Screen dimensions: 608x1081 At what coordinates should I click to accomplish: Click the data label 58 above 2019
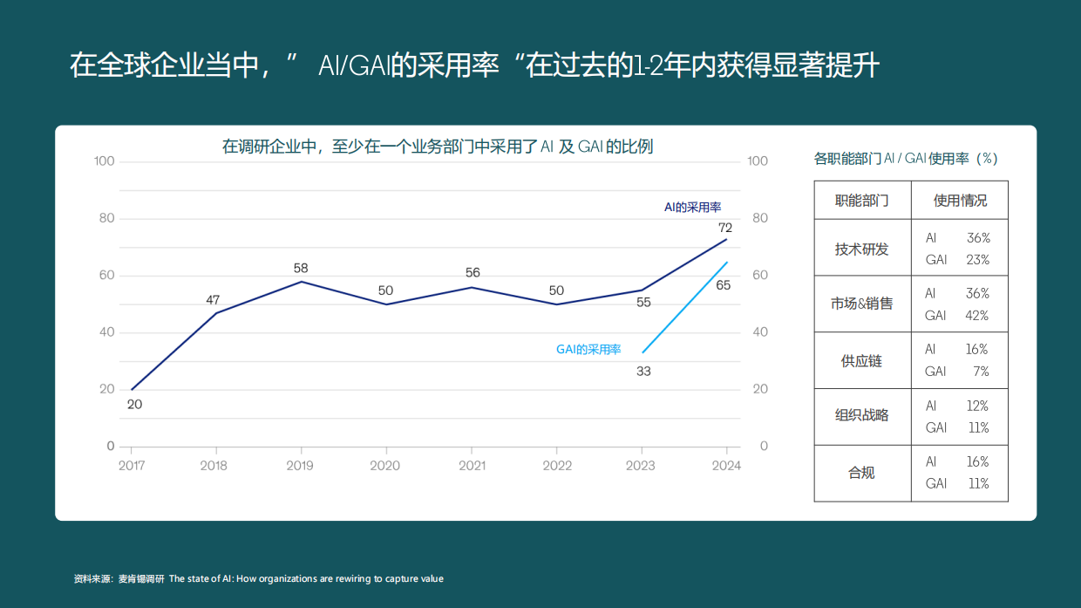point(301,268)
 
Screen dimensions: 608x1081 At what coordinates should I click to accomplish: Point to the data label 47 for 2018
point(213,300)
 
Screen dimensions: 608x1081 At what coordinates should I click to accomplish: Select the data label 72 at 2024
point(725,228)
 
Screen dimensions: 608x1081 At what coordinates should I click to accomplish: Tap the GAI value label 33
point(643,371)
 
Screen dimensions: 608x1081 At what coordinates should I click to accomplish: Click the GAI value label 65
point(723,285)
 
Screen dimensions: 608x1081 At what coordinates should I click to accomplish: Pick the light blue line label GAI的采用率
point(588,349)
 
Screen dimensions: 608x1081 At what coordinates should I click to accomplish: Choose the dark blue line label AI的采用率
point(692,208)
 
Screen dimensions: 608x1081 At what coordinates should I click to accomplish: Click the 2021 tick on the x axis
point(473,466)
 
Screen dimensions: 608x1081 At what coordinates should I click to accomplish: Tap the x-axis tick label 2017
point(132,466)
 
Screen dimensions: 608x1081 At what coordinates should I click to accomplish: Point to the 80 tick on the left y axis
point(105,218)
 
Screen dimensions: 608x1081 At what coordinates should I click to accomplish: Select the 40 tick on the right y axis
point(758,332)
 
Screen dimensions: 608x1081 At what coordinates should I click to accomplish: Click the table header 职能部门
point(861,201)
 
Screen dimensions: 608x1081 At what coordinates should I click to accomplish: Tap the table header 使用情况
point(960,201)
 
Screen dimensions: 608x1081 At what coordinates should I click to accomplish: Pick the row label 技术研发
point(861,249)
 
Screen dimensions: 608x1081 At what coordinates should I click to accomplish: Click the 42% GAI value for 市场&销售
point(977,316)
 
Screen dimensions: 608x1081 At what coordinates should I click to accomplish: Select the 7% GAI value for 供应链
point(981,372)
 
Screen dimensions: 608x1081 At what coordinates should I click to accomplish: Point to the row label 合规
point(861,473)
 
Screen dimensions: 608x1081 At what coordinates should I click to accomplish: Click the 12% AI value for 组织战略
point(977,406)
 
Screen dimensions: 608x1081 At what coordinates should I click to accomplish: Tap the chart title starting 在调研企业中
point(437,147)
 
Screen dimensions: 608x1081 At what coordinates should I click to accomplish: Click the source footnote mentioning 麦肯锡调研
point(259,578)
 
